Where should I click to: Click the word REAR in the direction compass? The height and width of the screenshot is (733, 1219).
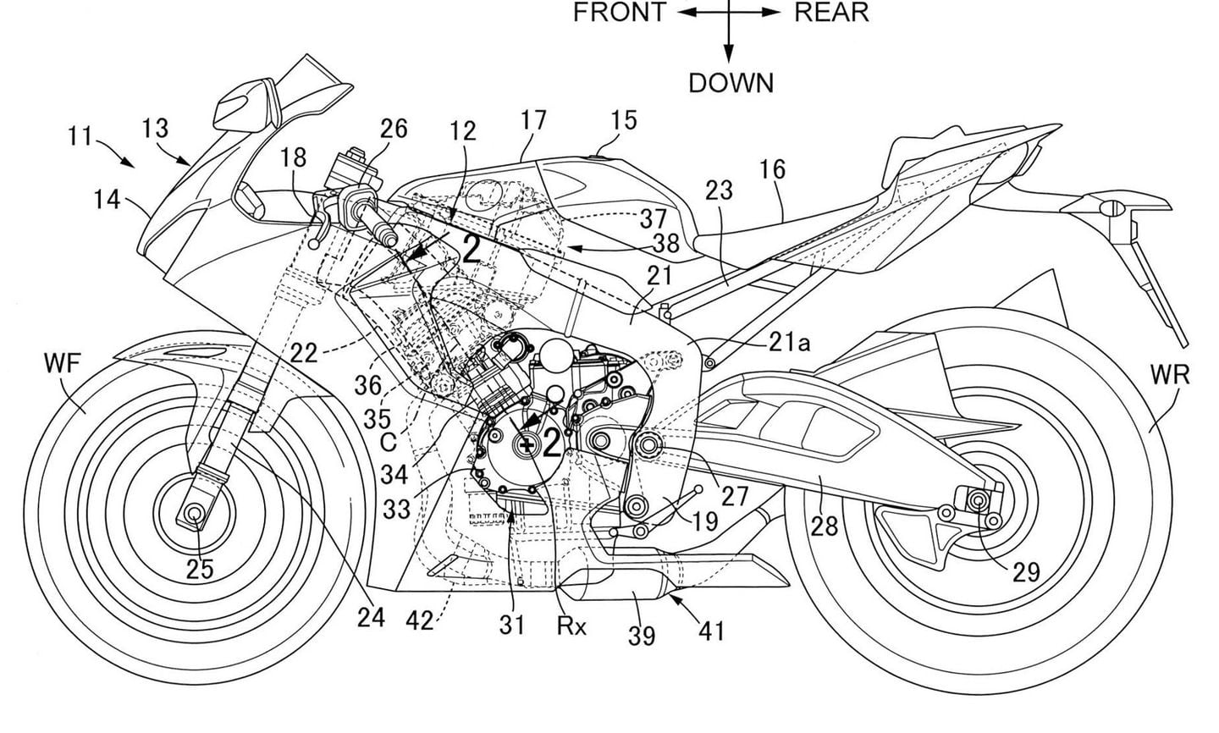click(831, 13)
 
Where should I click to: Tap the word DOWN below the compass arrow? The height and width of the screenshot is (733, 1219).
click(731, 83)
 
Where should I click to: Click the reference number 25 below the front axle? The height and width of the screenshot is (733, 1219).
click(200, 570)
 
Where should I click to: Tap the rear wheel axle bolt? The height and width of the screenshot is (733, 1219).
click(980, 502)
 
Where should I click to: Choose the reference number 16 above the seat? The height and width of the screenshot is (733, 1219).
click(771, 169)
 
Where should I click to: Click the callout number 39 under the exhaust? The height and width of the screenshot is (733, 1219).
click(641, 635)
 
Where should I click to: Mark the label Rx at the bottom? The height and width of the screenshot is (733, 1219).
click(572, 626)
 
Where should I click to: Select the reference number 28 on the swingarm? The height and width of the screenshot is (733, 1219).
click(823, 525)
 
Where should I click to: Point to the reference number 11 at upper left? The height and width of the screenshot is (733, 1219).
click(80, 135)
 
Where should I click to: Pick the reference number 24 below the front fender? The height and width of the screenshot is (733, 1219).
click(371, 617)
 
